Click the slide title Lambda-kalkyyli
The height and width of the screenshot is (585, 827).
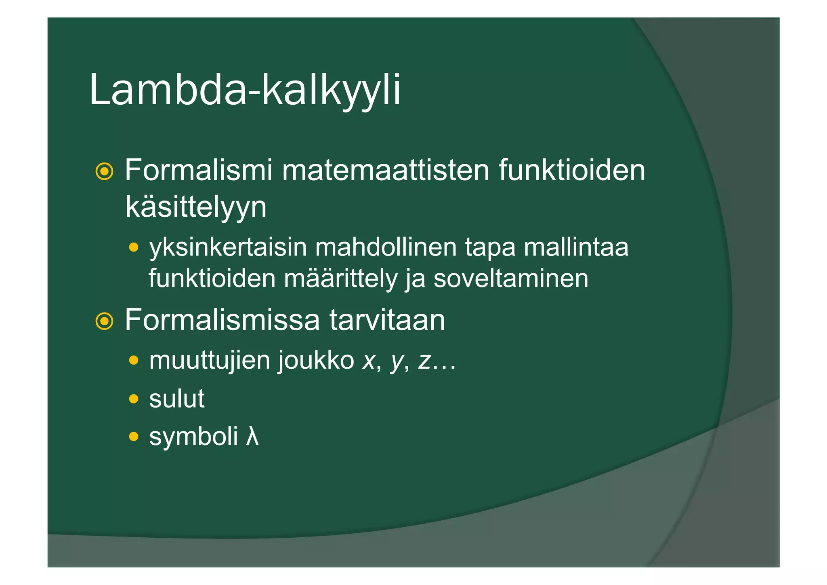tap(245, 90)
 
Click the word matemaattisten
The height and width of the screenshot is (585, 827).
tap(386, 170)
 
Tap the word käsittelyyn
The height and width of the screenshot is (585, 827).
tap(196, 207)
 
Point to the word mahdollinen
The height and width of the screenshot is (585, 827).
tap(386, 247)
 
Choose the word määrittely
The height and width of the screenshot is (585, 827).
tap(341, 279)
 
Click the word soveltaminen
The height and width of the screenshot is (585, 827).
tap(511, 279)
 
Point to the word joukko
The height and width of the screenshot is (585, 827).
tap(316, 360)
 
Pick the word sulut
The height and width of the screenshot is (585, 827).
tap(177, 399)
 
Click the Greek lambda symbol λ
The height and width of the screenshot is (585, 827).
tap(252, 437)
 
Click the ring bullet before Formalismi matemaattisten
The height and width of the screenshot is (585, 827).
tap(104, 171)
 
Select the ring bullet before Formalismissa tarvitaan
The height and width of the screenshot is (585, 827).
tap(104, 321)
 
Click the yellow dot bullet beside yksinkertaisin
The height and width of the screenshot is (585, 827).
tap(134, 247)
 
